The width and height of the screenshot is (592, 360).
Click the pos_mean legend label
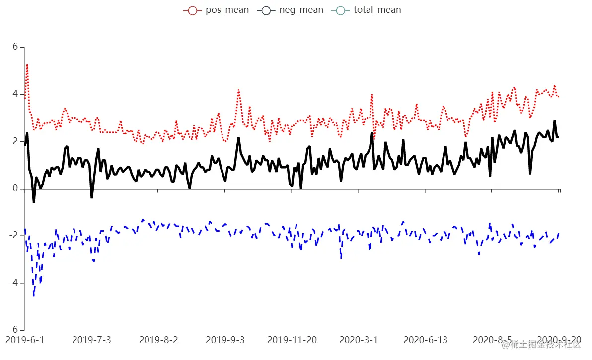pos(227,10)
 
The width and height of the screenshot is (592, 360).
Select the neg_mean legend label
pos(301,10)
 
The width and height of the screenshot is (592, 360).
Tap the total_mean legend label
pos(377,10)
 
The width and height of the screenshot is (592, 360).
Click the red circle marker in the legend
pos(192,10)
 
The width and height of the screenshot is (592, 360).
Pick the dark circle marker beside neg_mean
pos(266,10)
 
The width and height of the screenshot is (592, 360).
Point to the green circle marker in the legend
pos(340,10)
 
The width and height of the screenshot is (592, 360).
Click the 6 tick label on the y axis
pos(15,47)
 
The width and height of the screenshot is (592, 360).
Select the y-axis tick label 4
pos(15,94)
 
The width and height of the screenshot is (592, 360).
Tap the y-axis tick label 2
pos(15,142)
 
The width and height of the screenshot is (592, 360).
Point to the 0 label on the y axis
pos(15,189)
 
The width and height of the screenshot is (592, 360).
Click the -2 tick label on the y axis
pos(13,236)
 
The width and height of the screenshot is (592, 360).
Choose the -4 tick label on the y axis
pos(13,283)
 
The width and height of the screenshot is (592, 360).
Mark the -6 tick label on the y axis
pos(13,330)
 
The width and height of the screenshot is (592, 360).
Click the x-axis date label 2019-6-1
pos(25,340)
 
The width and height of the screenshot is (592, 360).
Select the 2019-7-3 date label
pos(91,340)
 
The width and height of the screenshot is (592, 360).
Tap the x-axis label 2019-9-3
pos(225,340)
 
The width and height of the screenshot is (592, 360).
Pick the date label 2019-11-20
pos(292,340)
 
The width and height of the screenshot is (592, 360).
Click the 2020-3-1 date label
pos(359,340)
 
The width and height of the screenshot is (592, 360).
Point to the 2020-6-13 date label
pos(425,340)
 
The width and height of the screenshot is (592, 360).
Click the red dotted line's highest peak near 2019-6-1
pos(27,65)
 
